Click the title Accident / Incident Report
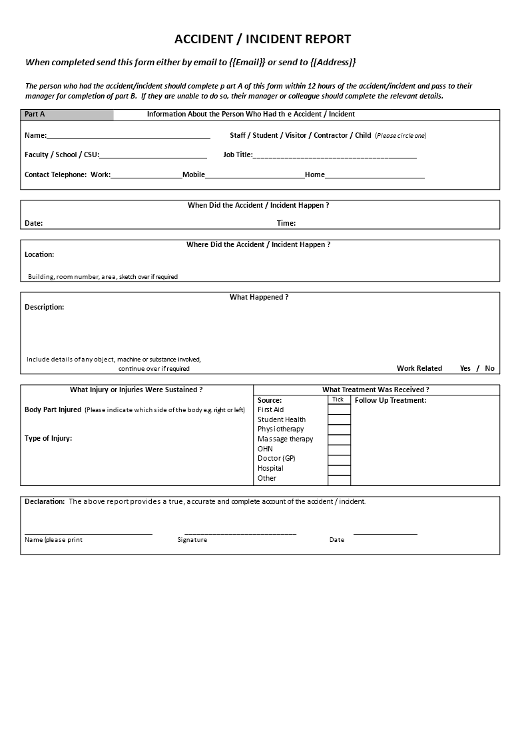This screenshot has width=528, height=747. (x=262, y=39)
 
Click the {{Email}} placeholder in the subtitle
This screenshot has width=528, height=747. (x=247, y=62)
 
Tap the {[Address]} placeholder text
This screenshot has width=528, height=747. (x=333, y=62)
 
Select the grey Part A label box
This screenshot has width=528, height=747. (x=67, y=115)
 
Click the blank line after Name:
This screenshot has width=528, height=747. (x=129, y=136)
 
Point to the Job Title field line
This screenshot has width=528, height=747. (x=335, y=155)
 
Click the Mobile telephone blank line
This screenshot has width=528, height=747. (x=255, y=175)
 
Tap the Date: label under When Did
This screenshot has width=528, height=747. (x=34, y=224)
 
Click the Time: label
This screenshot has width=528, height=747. (x=286, y=224)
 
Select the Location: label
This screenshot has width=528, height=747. (x=39, y=254)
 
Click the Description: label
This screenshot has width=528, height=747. (x=45, y=307)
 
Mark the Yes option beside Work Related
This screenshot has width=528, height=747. (x=465, y=368)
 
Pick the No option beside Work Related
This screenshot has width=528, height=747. (x=490, y=368)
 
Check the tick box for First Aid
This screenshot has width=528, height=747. (x=339, y=409)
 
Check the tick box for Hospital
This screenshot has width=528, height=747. (x=339, y=469)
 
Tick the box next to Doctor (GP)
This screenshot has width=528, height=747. (x=339, y=459)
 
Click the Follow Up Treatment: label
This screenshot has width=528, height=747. (x=390, y=400)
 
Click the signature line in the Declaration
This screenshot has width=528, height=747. (x=240, y=532)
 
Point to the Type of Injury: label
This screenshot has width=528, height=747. (x=49, y=438)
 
